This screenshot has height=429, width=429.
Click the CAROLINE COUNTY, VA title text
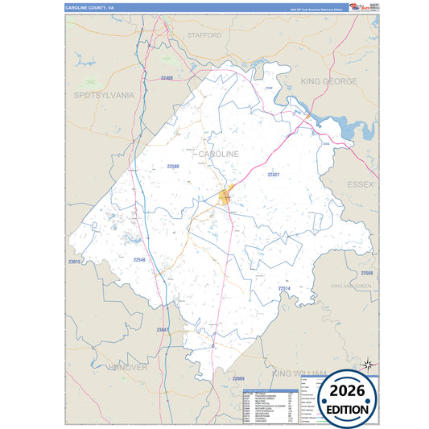pyautogui.click(x=89, y=7)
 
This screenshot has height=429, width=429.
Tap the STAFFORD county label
pyautogui.click(x=204, y=35)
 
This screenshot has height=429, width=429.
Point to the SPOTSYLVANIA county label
pyautogui.click(x=104, y=95)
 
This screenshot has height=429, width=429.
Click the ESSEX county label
pyautogui.click(x=361, y=184)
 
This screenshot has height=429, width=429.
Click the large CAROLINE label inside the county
pyautogui.click(x=218, y=153)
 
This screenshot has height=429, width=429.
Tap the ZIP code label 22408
pyautogui.click(x=167, y=78)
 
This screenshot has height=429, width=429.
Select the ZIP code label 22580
pyautogui.click(x=173, y=167)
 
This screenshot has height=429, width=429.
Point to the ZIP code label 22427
pyautogui.click(x=274, y=175)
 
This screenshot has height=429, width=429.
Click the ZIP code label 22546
pyautogui.click(x=139, y=260)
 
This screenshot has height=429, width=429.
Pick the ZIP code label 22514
pyautogui.click(x=284, y=288)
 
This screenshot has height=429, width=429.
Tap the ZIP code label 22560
pyautogui.click(x=367, y=274)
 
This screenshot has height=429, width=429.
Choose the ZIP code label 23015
pyautogui.click(x=75, y=262)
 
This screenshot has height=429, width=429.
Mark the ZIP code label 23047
pyautogui.click(x=163, y=331)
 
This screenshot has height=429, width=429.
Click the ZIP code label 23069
pyautogui.click(x=238, y=377)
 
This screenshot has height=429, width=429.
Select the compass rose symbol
pyautogui.click(x=368, y=365)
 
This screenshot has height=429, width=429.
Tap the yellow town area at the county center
pyautogui.click(x=227, y=194)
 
